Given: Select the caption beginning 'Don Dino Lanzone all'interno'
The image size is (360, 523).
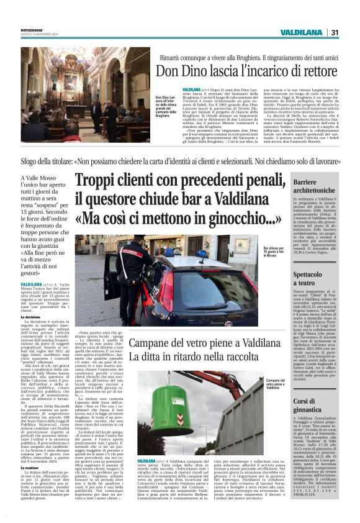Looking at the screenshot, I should [x=165, y=108].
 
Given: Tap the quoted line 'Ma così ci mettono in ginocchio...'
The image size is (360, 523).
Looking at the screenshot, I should [x=162, y=218].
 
